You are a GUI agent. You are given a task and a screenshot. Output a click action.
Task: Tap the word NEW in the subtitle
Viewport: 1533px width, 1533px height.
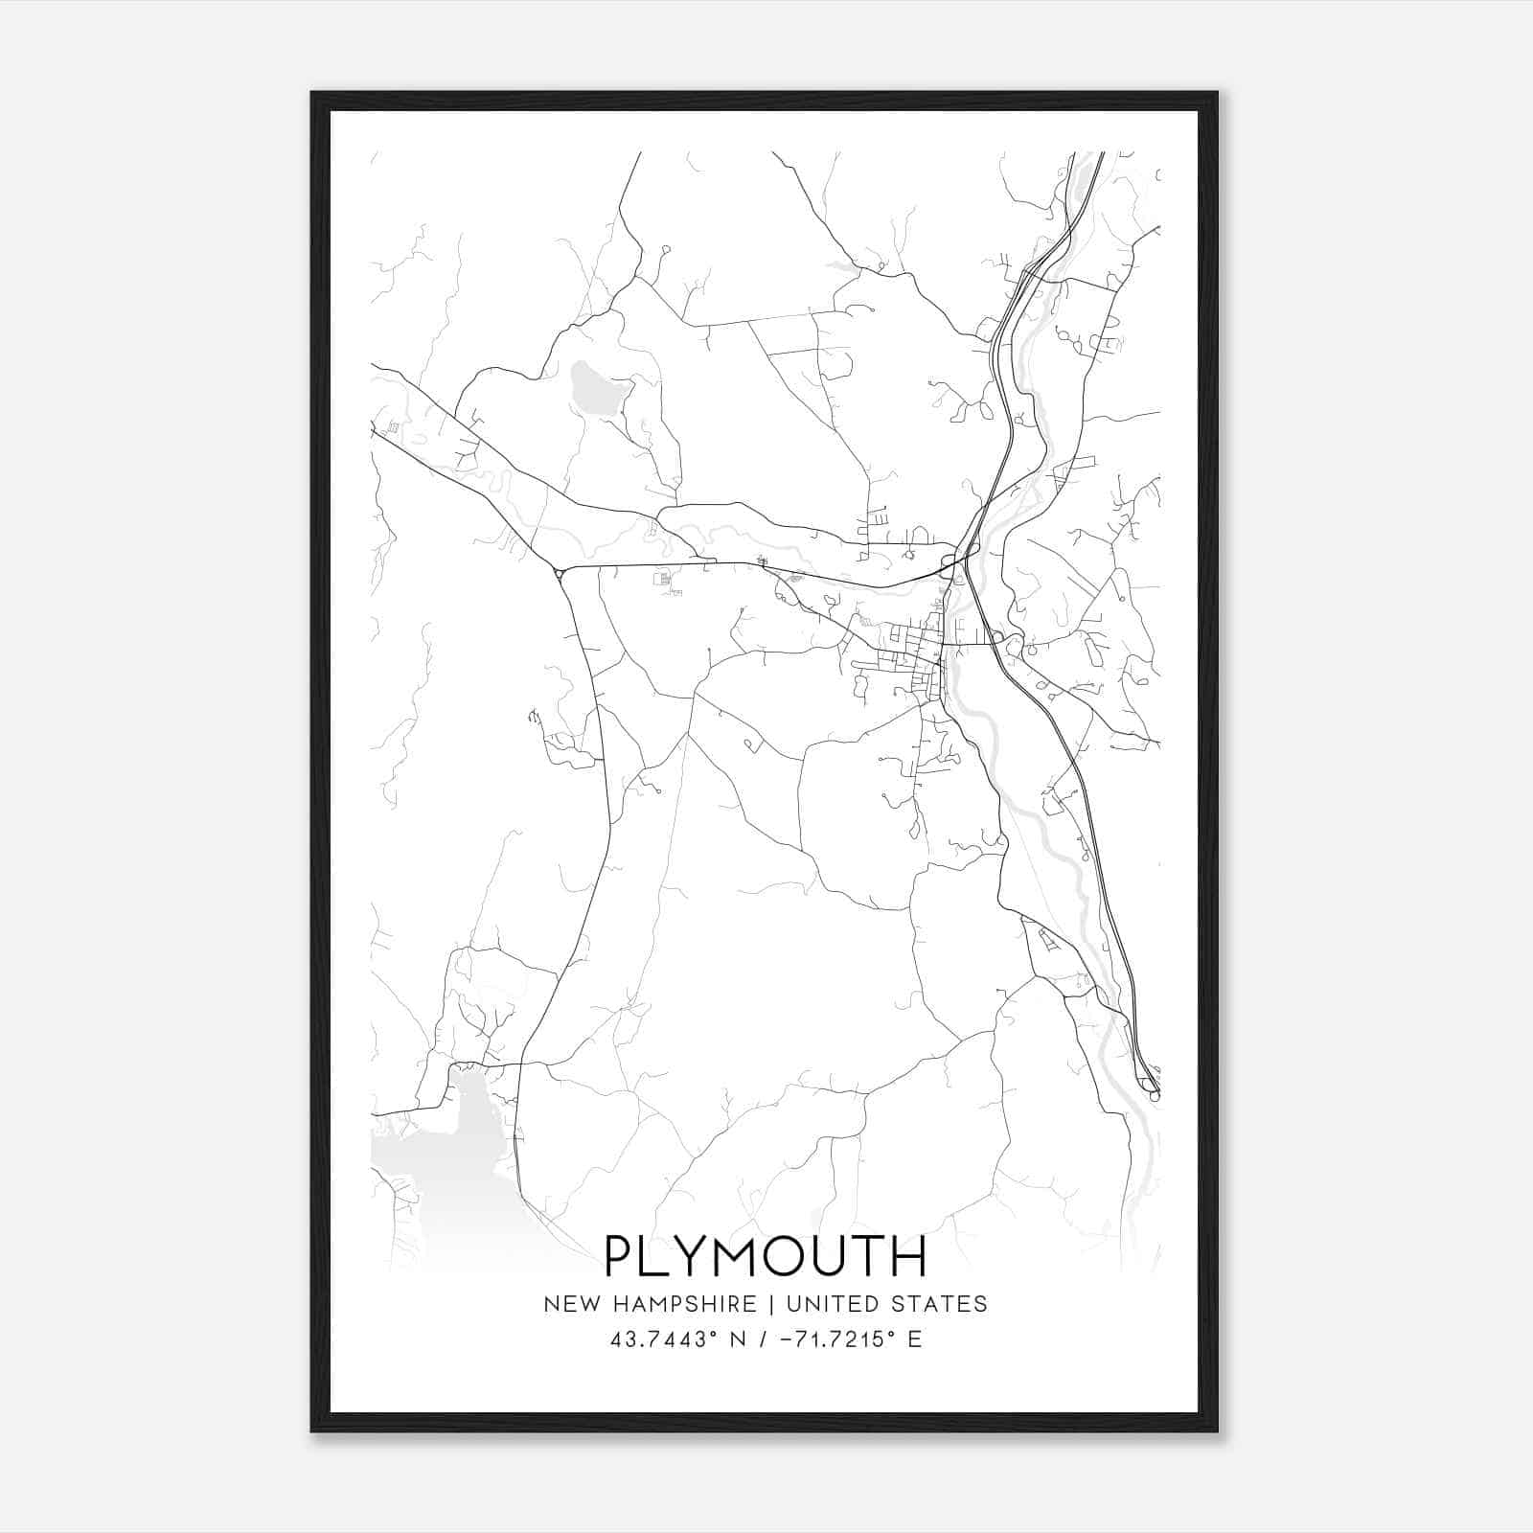(x=570, y=1304)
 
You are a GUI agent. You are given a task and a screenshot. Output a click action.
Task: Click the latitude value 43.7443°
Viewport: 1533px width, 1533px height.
(x=664, y=1339)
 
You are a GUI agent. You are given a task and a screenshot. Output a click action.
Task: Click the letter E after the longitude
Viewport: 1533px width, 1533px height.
(x=914, y=1339)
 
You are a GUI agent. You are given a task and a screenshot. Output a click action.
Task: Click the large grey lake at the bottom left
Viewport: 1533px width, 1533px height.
(x=441, y=1150)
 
